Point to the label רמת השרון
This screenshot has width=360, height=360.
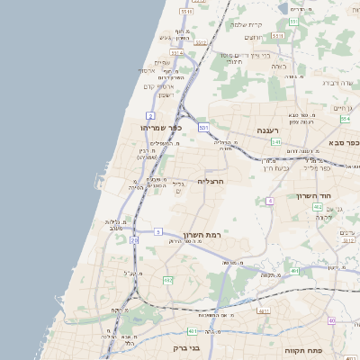pos(202,235)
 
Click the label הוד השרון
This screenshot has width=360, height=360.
pos(315,195)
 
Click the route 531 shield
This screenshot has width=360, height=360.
pos(204,128)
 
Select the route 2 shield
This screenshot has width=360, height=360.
pos(150,116)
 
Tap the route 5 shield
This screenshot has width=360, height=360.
pos(157,232)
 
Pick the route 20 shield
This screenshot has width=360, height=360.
pos(134,240)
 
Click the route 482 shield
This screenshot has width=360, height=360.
pos(167,280)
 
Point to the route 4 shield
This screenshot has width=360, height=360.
pos(269,200)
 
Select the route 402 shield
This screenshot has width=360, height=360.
pos(318,207)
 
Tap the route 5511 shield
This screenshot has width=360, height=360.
pos(186,12)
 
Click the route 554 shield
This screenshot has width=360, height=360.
pos(345,118)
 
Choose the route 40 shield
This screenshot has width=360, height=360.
pos(331,320)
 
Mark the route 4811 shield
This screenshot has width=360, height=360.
pos(264,311)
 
